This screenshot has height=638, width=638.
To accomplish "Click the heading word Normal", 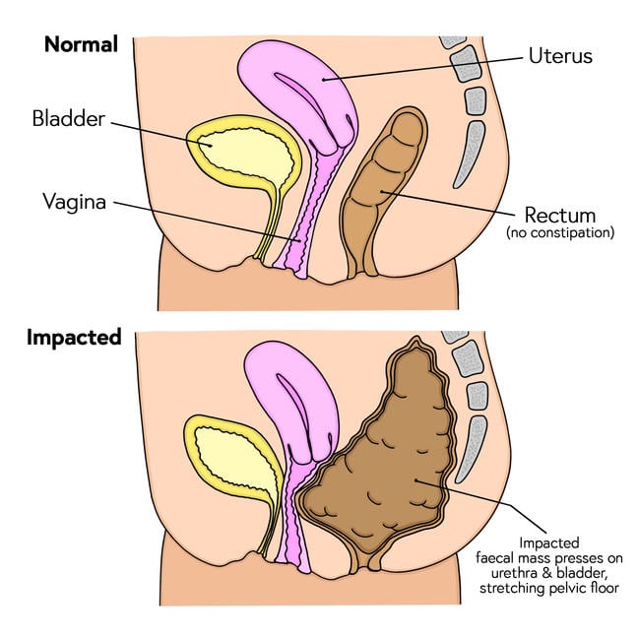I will pos(82,44).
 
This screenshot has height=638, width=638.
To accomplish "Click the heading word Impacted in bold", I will pos(74,338).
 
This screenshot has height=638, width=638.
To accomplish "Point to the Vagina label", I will pos(75,203).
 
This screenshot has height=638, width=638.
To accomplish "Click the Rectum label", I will pos(559,215).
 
